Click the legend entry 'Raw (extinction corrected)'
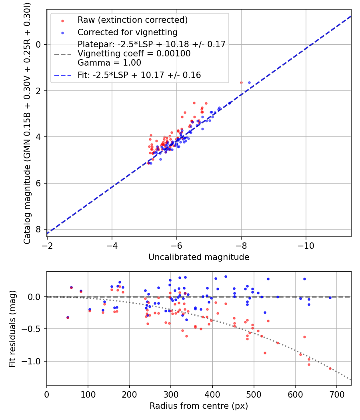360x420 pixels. (x=132, y=20)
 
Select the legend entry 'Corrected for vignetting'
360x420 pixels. (x=127, y=32)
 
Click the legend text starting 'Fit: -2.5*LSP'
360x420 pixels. (x=139, y=75)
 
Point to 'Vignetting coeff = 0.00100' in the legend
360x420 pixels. (x=134, y=54)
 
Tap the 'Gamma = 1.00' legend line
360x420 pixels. (x=109, y=63)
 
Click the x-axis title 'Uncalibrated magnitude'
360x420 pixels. (x=199, y=257)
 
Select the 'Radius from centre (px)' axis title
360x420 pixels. (x=199, y=406)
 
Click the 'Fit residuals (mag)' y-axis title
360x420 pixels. (x=12, y=328)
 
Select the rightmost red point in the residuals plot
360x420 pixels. (x=330, y=368)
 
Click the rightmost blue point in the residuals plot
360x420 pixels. (x=330, y=298)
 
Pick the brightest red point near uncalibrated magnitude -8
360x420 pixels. (x=241, y=82)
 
